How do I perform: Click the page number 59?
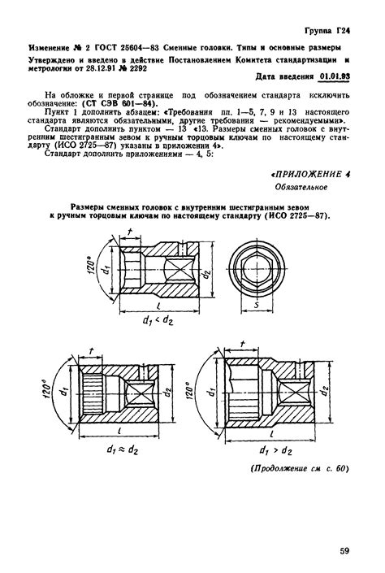click(x=344, y=552)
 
